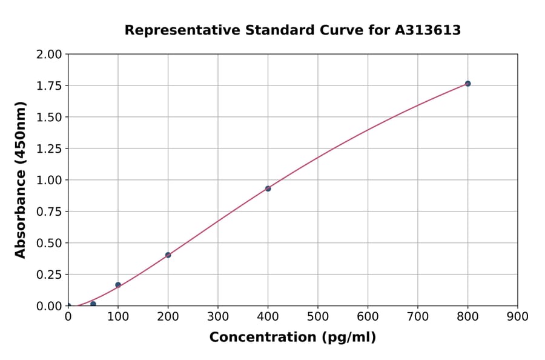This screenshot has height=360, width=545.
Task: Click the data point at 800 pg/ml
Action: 467,84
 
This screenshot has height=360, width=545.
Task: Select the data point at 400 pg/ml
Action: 268,188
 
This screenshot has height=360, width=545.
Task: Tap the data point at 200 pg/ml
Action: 168,255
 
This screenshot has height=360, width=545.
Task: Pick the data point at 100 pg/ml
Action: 118,285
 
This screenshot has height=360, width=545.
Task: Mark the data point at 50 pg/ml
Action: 93,304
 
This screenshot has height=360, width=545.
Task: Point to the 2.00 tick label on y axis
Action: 49,55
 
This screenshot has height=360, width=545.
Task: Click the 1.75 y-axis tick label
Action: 49,86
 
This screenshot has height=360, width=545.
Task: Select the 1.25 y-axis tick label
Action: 49,149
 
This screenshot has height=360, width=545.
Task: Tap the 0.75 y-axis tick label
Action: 49,212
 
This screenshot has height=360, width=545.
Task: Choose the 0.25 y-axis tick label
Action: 49,275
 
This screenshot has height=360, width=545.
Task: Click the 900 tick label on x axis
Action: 518,316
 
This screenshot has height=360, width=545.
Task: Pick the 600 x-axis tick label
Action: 368,316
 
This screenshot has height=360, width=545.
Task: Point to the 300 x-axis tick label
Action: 218,316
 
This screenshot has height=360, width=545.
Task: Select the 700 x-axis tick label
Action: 418,316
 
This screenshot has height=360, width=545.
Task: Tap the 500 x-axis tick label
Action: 318,316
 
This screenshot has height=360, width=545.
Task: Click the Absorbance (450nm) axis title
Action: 21,180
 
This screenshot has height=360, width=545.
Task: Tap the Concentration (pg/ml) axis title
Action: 292,338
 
